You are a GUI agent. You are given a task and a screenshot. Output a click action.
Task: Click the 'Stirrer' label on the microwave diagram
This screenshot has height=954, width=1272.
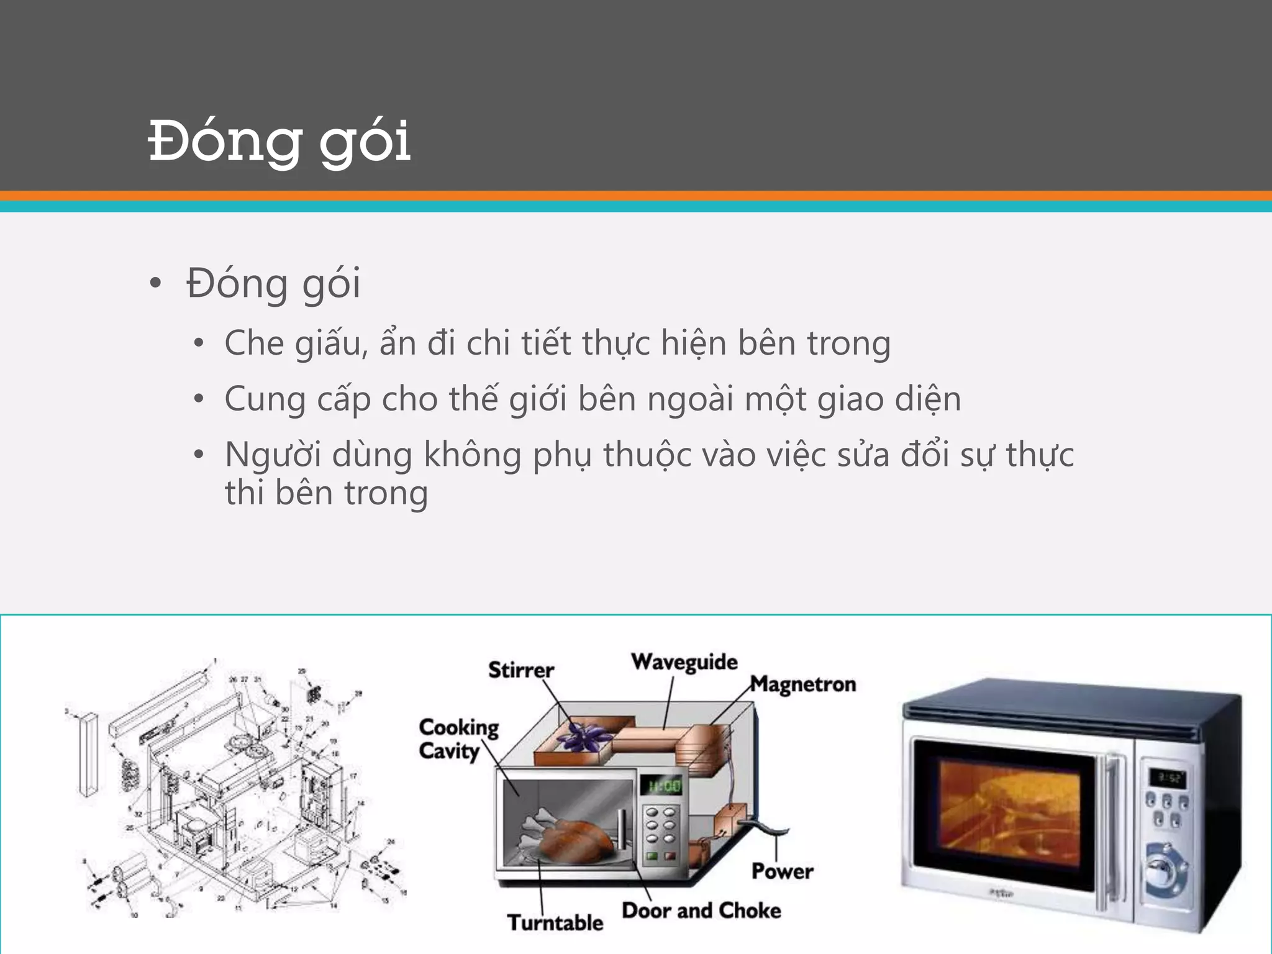click(520, 670)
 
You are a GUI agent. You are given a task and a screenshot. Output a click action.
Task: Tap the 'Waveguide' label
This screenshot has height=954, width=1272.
click(684, 662)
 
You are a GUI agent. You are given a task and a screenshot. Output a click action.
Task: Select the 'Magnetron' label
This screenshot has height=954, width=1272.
click(803, 684)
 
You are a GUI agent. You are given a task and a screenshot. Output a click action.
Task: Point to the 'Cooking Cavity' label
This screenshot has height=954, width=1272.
click(458, 739)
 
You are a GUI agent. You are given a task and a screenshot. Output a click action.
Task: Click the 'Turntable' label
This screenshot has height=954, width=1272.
click(555, 923)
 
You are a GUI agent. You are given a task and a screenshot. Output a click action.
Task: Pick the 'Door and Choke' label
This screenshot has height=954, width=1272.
click(701, 911)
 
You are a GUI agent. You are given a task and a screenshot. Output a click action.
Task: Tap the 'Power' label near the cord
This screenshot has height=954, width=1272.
click(782, 871)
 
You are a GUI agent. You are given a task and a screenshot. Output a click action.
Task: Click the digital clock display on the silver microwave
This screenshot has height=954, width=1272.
click(1167, 778)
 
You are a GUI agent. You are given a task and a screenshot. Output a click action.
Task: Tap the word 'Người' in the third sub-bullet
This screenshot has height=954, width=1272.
click(273, 455)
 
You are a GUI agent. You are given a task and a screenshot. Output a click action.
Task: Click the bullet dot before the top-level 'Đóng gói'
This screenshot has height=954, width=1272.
click(155, 284)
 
